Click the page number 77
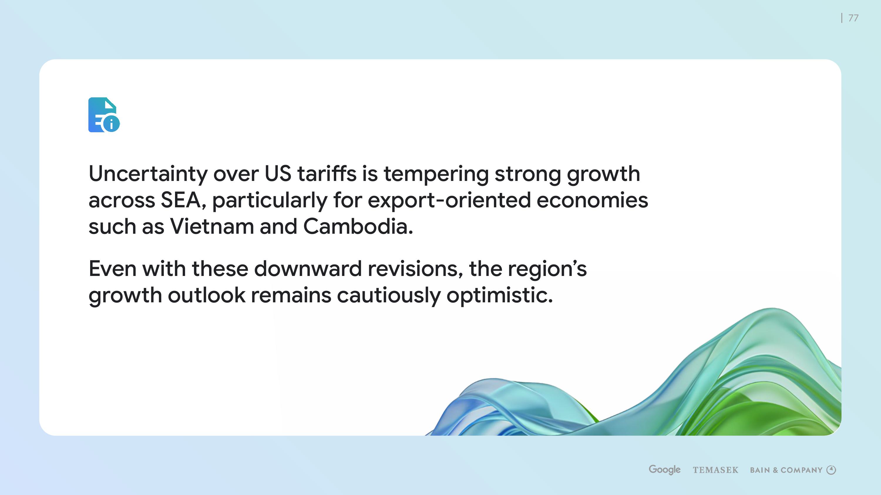[x=853, y=18]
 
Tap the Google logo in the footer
[x=665, y=470]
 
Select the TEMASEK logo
[x=715, y=470]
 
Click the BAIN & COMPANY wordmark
[x=786, y=470]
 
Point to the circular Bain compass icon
[x=831, y=470]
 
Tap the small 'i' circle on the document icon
[x=111, y=124]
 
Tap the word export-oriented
[x=449, y=201]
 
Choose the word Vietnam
[x=212, y=226]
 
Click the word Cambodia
[x=358, y=226]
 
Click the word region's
[x=547, y=269]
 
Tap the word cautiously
[x=389, y=296]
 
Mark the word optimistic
[x=499, y=296]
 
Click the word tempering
[x=436, y=174]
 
